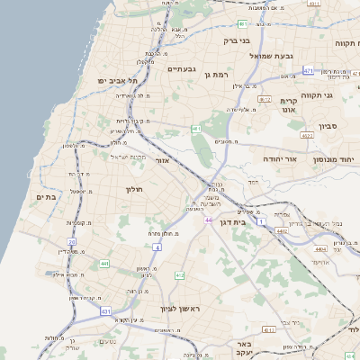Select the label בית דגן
(232, 220)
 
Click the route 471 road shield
(309, 69)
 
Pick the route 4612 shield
(265, 99)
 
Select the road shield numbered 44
(209, 220)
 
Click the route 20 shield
(71, 242)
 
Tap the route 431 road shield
(106, 310)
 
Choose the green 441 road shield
(104, 263)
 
